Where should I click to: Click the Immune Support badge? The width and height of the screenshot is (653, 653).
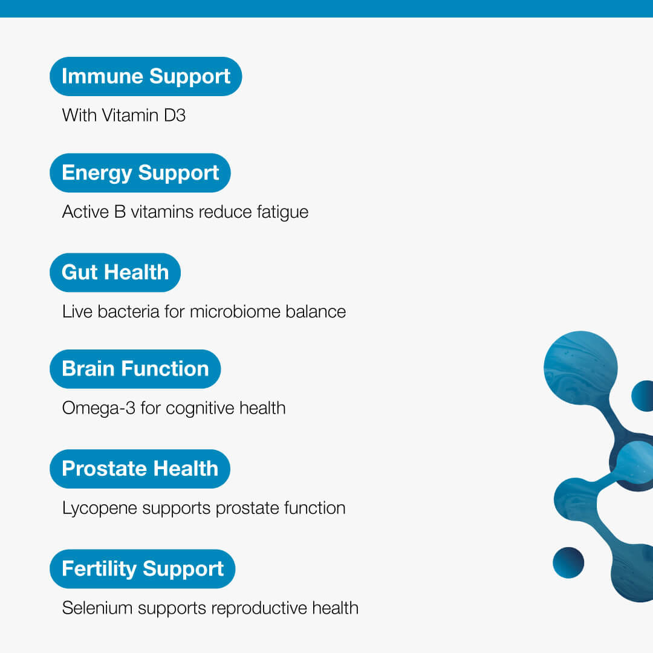pos(146,76)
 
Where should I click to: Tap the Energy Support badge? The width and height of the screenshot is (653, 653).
pos(140,173)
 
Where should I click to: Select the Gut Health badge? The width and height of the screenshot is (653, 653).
pos(115,272)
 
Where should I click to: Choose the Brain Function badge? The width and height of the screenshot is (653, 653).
pos(135,369)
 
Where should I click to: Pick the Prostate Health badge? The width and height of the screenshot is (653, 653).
pos(140,469)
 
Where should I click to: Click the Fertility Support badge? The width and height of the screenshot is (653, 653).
pos(143,569)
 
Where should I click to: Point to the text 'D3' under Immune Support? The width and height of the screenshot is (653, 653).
pos(175,115)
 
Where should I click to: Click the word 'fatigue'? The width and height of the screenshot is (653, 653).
pos(282,212)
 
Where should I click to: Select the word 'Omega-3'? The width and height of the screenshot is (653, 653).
pos(99,409)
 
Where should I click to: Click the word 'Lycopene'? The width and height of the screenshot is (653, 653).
pos(100,508)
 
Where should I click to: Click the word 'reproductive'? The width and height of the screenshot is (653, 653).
pos(259,608)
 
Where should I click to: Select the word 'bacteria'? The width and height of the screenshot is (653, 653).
pos(128,311)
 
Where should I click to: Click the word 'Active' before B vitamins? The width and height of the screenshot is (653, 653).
pos(85,212)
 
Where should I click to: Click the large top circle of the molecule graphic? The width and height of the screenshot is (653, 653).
pos(580,368)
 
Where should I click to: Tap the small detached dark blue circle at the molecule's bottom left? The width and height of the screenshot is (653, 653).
pos(568,563)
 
